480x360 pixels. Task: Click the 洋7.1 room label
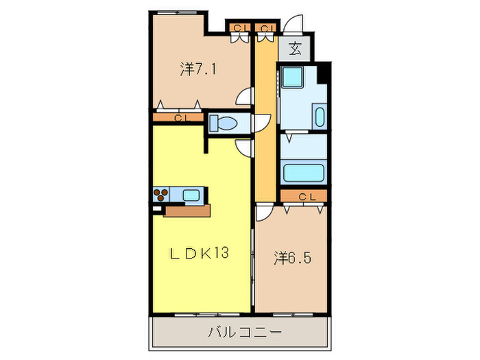(x=200, y=69)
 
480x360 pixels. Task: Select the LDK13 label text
(x=199, y=252)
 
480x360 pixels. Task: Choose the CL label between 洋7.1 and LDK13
(x=180, y=118)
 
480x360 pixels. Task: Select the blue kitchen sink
(x=191, y=195)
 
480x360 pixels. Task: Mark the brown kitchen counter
(x=189, y=211)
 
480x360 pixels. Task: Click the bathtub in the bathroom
(x=302, y=172)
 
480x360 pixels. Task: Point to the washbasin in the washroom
(x=320, y=115)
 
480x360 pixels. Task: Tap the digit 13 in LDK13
(x=219, y=252)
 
